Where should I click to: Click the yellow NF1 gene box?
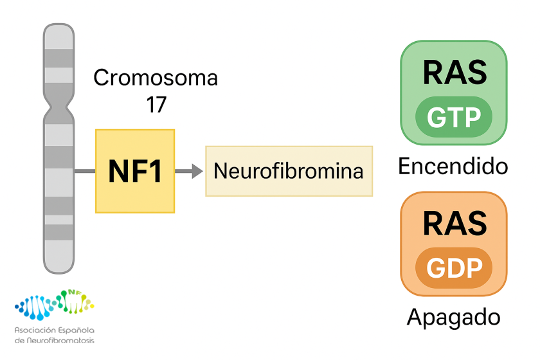click(135, 171)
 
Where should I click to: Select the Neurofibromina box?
click(289, 171)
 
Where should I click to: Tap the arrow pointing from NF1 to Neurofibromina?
click(188, 171)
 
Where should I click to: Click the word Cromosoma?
click(156, 78)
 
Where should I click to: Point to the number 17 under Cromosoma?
click(156, 104)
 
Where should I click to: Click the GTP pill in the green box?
click(453, 118)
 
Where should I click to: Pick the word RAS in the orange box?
click(454, 223)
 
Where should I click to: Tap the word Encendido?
click(453, 166)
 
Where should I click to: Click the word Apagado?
click(453, 317)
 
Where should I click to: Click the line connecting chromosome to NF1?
click(84, 171)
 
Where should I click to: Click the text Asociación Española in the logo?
click(54, 330)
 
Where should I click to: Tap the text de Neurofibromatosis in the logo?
click(54, 339)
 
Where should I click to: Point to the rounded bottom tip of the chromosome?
click(59, 268)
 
